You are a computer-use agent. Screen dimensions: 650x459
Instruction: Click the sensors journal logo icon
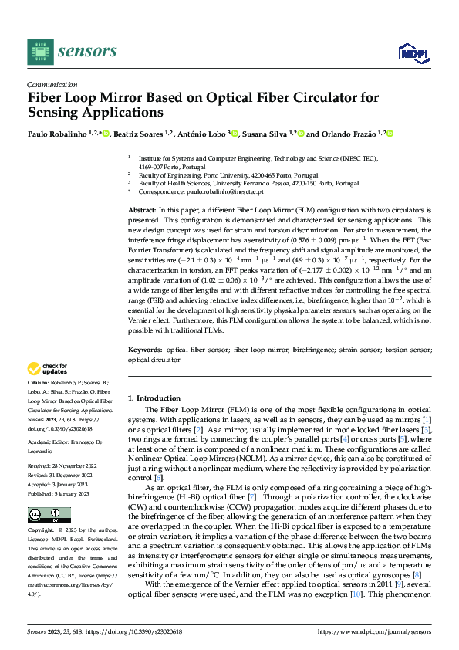39,52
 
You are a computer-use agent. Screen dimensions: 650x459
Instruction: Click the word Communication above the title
52,85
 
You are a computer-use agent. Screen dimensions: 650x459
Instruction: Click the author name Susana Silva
262,134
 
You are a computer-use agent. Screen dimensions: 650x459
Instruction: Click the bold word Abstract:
143,210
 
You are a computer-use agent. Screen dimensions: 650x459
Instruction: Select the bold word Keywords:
145,350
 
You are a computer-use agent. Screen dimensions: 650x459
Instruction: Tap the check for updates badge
48,368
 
